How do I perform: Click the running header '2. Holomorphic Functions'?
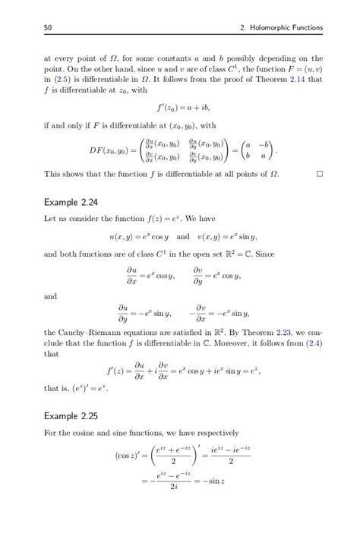pos(280,28)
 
